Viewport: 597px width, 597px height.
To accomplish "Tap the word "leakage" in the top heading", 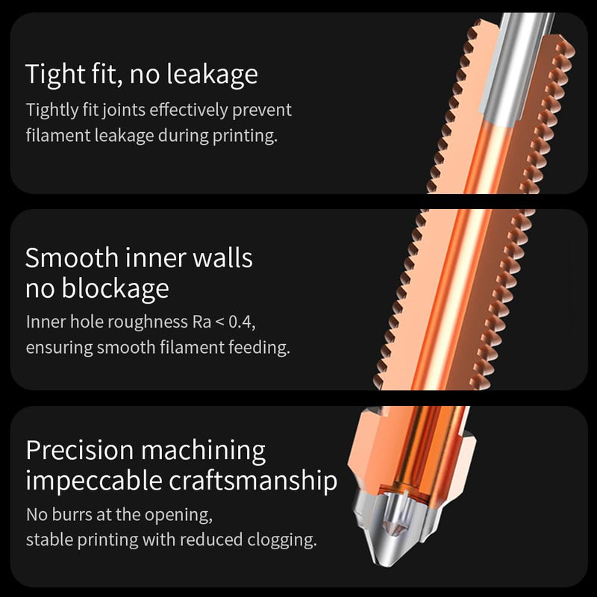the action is pyautogui.click(x=213, y=74).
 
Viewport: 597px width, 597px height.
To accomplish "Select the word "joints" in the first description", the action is pyautogui.click(x=124, y=110).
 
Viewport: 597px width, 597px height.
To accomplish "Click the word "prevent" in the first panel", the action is pyautogui.click(x=262, y=110).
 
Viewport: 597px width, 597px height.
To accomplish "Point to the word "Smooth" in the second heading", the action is pyautogui.click(x=72, y=257).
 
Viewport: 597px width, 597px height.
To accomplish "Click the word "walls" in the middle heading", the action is pyautogui.click(x=222, y=257).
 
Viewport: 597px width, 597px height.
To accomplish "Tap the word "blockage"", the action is pyautogui.click(x=116, y=289).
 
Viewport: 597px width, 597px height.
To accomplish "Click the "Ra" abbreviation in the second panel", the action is pyautogui.click(x=201, y=322).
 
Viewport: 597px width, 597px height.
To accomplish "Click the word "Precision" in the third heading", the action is pyautogui.click(x=80, y=451).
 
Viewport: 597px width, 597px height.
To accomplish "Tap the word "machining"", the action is pyautogui.click(x=203, y=451).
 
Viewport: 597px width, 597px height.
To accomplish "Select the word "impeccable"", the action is pyautogui.click(x=94, y=481).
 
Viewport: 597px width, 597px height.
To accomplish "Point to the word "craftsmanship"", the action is pyautogui.click(x=253, y=481).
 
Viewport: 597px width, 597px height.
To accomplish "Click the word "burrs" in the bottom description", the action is pyautogui.click(x=72, y=515).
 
